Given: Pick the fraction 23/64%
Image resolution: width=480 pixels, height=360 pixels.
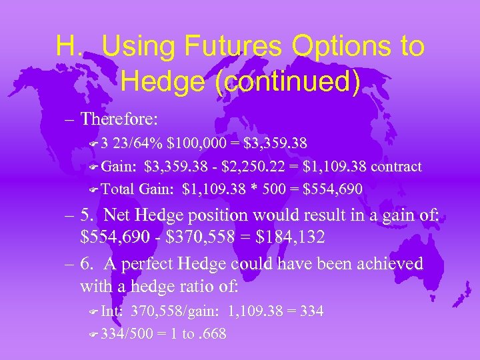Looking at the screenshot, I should tap(140, 143).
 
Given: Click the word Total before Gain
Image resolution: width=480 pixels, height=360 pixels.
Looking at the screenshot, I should tap(119, 189).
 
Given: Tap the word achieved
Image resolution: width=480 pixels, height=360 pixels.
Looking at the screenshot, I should tap(385, 264).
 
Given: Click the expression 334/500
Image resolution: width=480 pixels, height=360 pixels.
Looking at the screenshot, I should tap(129, 333).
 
